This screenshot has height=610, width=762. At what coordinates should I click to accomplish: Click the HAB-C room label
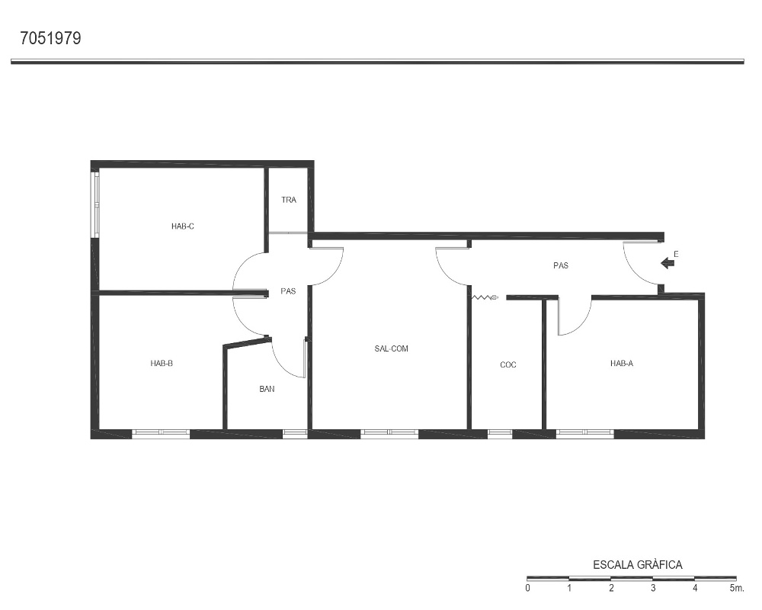(183, 226)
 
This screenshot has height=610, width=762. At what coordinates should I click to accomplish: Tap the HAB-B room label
(162, 364)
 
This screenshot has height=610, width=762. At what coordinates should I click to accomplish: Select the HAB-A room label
(622, 364)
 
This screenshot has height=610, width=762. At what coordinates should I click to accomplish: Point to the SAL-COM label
(391, 348)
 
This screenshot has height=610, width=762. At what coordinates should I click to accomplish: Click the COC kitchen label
(507, 364)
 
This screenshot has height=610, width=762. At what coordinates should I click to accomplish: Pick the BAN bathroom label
(267, 389)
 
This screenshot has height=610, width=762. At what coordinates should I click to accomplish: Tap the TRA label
(289, 200)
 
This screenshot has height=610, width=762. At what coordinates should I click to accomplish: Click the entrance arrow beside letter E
(668, 263)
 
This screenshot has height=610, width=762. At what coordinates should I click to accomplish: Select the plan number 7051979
(50, 38)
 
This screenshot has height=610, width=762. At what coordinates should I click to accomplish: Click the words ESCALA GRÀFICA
(638, 565)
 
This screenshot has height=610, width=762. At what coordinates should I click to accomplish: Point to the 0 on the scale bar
(528, 588)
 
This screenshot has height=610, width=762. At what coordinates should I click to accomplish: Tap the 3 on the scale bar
(653, 588)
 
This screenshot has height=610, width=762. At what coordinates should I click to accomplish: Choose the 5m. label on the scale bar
(737, 588)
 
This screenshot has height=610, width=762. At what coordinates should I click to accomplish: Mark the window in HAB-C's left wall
(96, 204)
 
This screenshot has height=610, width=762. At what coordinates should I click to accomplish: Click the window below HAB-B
(161, 434)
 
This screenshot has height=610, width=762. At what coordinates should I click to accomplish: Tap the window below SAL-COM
(389, 434)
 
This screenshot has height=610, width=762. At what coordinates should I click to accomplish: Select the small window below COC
(500, 434)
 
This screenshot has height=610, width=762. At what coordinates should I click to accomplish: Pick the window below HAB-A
(585, 434)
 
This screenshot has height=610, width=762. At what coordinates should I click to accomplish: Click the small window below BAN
(295, 434)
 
